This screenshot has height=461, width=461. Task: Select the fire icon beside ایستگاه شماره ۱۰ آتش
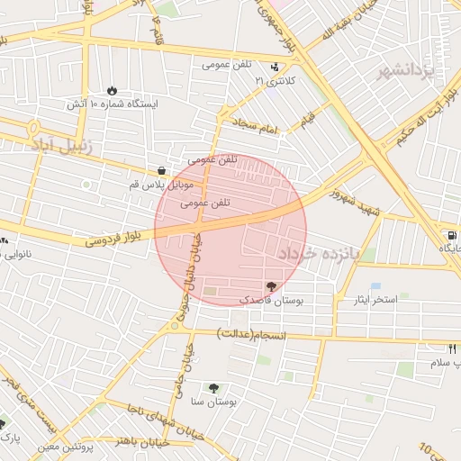111,91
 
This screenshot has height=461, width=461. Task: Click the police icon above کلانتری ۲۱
275,68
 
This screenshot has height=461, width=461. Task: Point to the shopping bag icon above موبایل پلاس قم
161,170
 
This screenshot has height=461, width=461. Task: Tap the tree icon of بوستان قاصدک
272,285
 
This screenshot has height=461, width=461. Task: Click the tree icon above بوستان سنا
213,388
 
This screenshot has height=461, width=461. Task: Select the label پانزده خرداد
318,255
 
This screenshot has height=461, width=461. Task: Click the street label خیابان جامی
186,376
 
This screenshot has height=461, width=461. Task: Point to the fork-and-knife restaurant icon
453,348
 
